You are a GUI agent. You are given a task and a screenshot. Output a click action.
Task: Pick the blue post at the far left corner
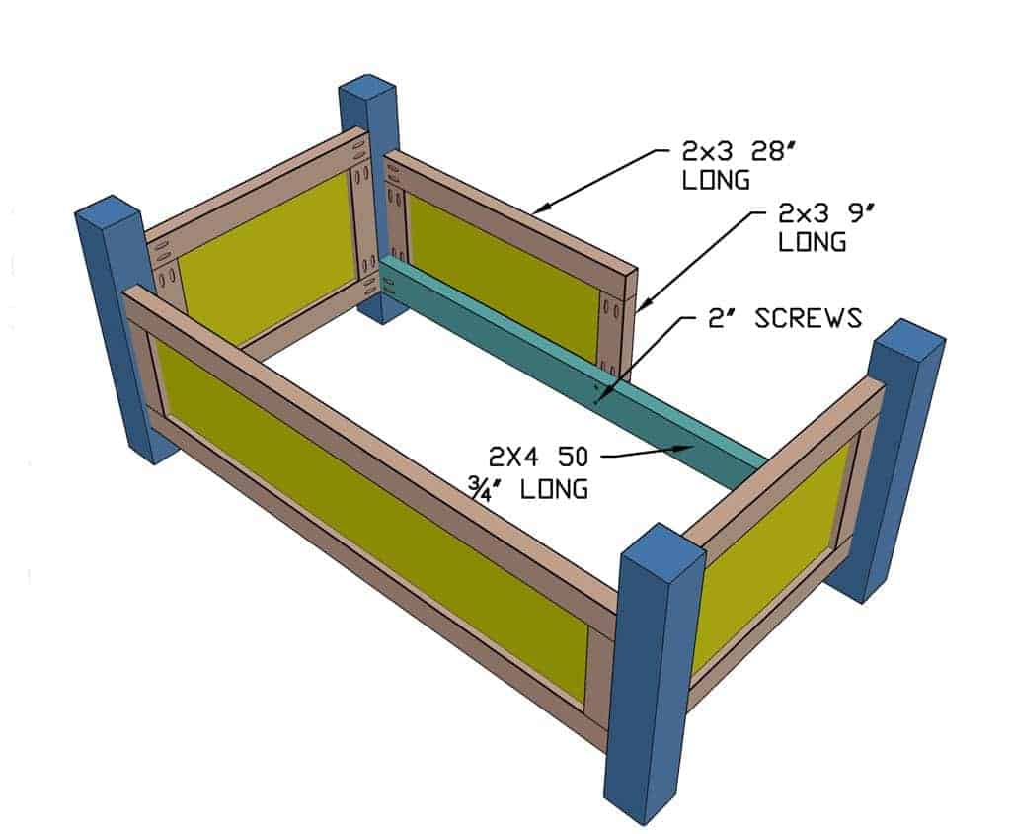coord(122,326)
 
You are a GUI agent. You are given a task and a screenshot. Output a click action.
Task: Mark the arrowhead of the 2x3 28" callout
coord(533,210)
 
